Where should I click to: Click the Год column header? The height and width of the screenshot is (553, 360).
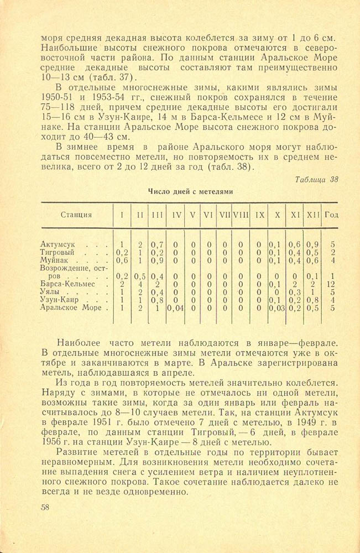pos(332,215)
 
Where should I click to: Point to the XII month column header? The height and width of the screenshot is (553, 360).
pos(313,215)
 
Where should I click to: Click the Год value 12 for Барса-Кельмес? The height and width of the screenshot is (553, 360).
pos(332,284)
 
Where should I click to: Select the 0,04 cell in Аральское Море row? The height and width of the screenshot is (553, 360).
pos(176,307)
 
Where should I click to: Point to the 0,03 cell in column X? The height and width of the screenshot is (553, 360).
pos(275,307)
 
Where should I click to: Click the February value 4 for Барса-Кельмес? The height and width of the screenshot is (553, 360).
pos(140,284)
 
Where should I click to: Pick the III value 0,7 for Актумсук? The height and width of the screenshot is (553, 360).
pos(158,244)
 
